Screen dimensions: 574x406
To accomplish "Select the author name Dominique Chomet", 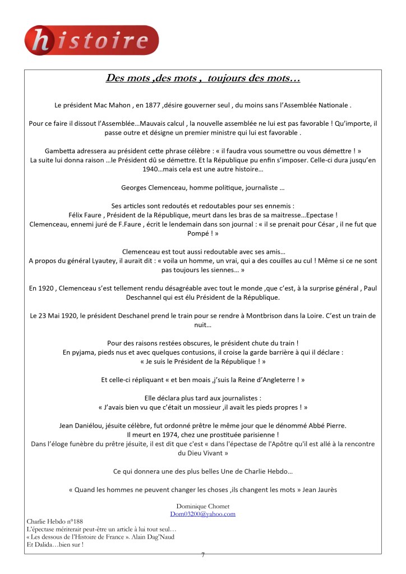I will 202,506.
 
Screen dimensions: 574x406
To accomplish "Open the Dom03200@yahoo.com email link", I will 202,513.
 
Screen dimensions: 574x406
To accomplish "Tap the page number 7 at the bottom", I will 203,555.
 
